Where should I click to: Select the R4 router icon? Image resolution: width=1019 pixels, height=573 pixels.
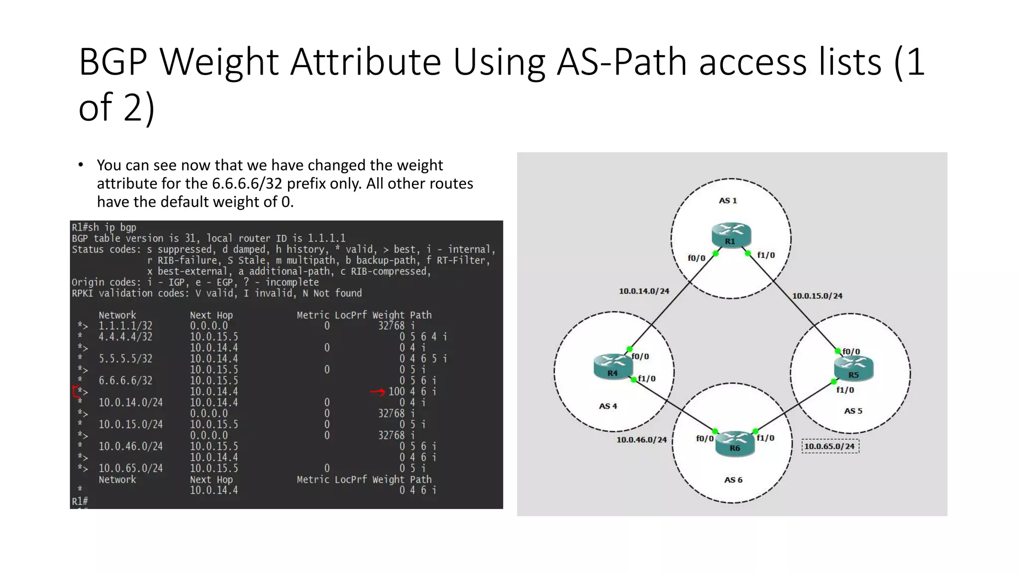[x=612, y=367]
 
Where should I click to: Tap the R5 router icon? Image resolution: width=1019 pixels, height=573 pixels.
[x=853, y=369]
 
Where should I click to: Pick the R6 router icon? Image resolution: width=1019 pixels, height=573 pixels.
[x=735, y=443]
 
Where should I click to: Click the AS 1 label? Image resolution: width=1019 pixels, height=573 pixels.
[x=727, y=200]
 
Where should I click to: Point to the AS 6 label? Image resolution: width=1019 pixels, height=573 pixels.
[x=733, y=480]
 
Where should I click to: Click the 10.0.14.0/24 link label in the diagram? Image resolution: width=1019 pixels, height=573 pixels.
[x=644, y=291]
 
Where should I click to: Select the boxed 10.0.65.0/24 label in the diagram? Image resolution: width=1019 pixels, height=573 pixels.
[x=829, y=446]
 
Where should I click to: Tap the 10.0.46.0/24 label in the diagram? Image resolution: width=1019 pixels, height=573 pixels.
[x=641, y=440]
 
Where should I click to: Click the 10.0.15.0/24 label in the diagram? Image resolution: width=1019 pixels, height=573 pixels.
[x=817, y=296]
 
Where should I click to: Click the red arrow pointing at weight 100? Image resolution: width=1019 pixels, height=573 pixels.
[x=378, y=392]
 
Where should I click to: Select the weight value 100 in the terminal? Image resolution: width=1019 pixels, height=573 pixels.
[x=397, y=391]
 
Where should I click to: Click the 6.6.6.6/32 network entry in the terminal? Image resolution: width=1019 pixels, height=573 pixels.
[x=125, y=381]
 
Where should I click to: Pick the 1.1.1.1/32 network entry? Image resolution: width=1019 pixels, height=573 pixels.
[x=125, y=326]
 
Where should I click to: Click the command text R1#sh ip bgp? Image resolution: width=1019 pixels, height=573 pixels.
[x=104, y=227]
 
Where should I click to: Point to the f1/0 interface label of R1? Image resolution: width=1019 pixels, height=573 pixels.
[x=766, y=255]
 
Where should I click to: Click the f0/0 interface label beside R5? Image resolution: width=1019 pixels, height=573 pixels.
[x=851, y=352]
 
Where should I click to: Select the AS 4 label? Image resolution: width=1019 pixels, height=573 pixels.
[x=608, y=406]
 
